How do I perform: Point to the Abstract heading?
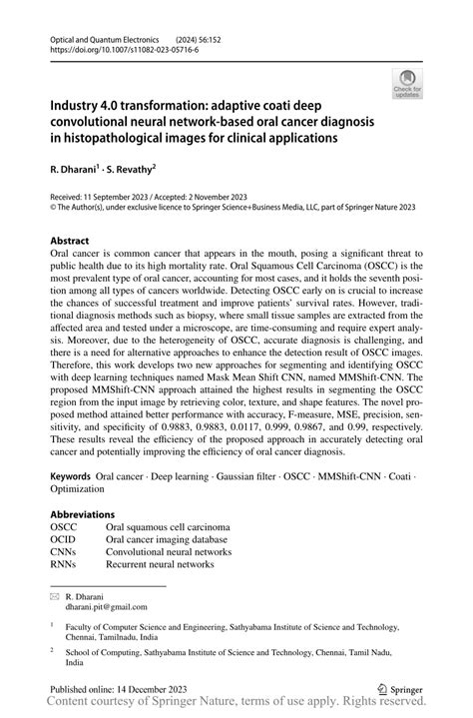tap(70, 241)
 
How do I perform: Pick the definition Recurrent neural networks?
tap(160, 564)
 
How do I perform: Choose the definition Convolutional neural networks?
tap(168, 551)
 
